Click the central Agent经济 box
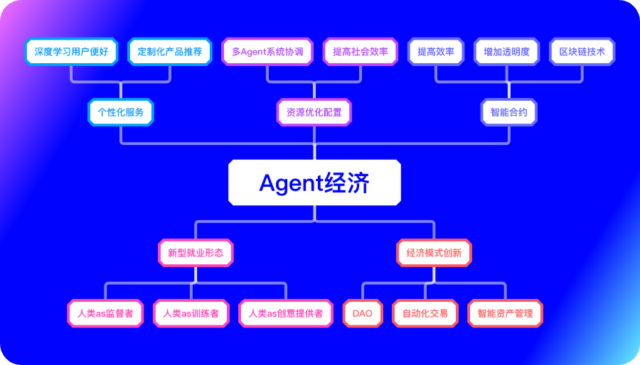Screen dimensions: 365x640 [314, 182]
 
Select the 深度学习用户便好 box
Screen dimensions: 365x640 [71, 52]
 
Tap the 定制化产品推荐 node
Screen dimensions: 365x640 [170, 52]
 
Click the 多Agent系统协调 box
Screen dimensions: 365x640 [267, 52]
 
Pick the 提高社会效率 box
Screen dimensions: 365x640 [361, 52]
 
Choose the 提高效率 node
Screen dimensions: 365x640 [436, 52]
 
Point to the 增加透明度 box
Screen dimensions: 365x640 [506, 52]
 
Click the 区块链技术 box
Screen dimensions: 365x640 [582, 52]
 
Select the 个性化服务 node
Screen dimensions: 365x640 [120, 112]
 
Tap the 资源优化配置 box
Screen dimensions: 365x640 [314, 112]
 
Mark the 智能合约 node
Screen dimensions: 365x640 [509, 112]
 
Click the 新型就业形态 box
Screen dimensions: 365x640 [196, 252]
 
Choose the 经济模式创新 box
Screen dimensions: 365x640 [434, 252]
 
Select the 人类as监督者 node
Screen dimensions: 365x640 [105, 313]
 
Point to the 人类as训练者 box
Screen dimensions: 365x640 [191, 313]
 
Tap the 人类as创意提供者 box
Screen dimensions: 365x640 [286, 313]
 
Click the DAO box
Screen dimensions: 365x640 [363, 313]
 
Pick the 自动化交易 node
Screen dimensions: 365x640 [425, 313]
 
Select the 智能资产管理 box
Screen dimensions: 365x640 [506, 313]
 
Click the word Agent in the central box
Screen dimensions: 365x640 [290, 183]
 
